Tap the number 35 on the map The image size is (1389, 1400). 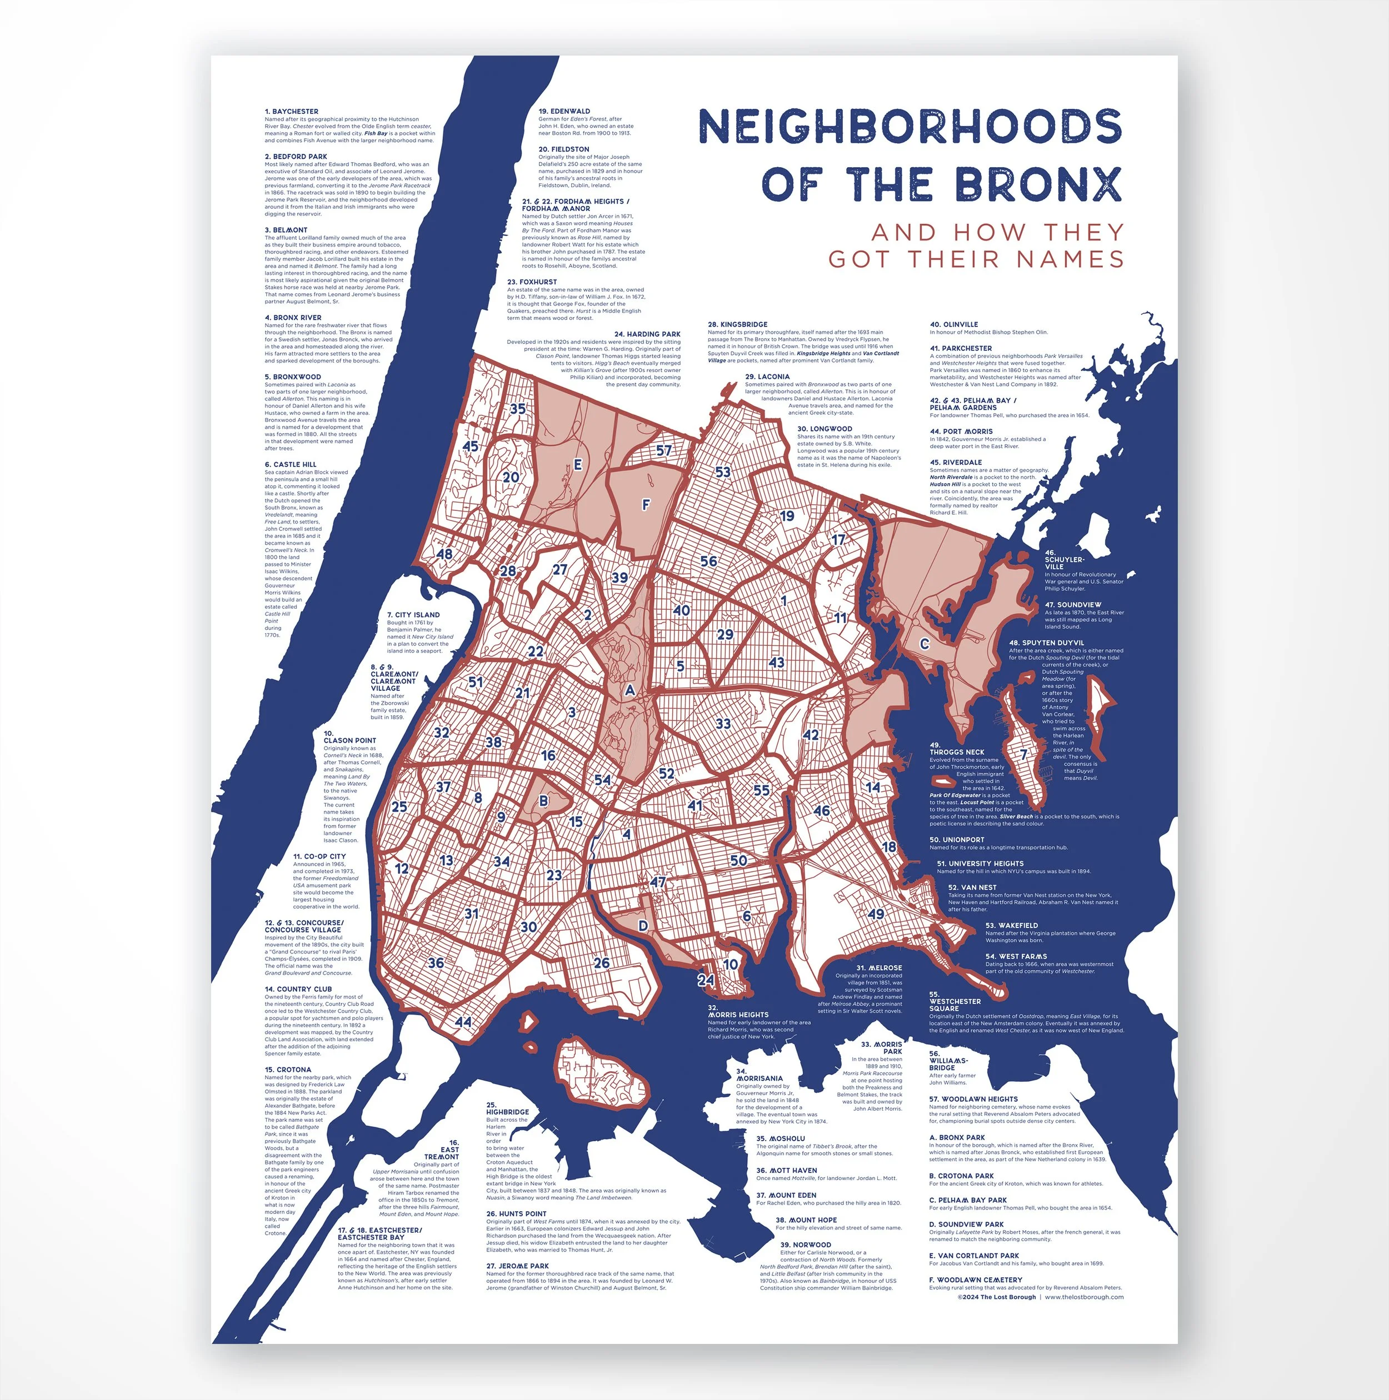tap(518, 409)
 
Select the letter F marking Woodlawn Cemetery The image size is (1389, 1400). tap(646, 504)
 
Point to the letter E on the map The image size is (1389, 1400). tap(578, 464)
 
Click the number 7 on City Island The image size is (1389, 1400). tap(1023, 754)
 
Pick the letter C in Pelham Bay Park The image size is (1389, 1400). tap(925, 644)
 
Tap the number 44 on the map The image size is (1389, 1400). tap(462, 1022)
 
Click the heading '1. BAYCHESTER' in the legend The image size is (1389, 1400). tap(292, 112)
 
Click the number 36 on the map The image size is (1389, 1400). tap(436, 963)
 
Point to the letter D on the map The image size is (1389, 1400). tap(642, 925)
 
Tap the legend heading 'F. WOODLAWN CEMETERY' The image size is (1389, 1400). tap(975, 1279)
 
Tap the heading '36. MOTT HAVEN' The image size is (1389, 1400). tap(787, 1170)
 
